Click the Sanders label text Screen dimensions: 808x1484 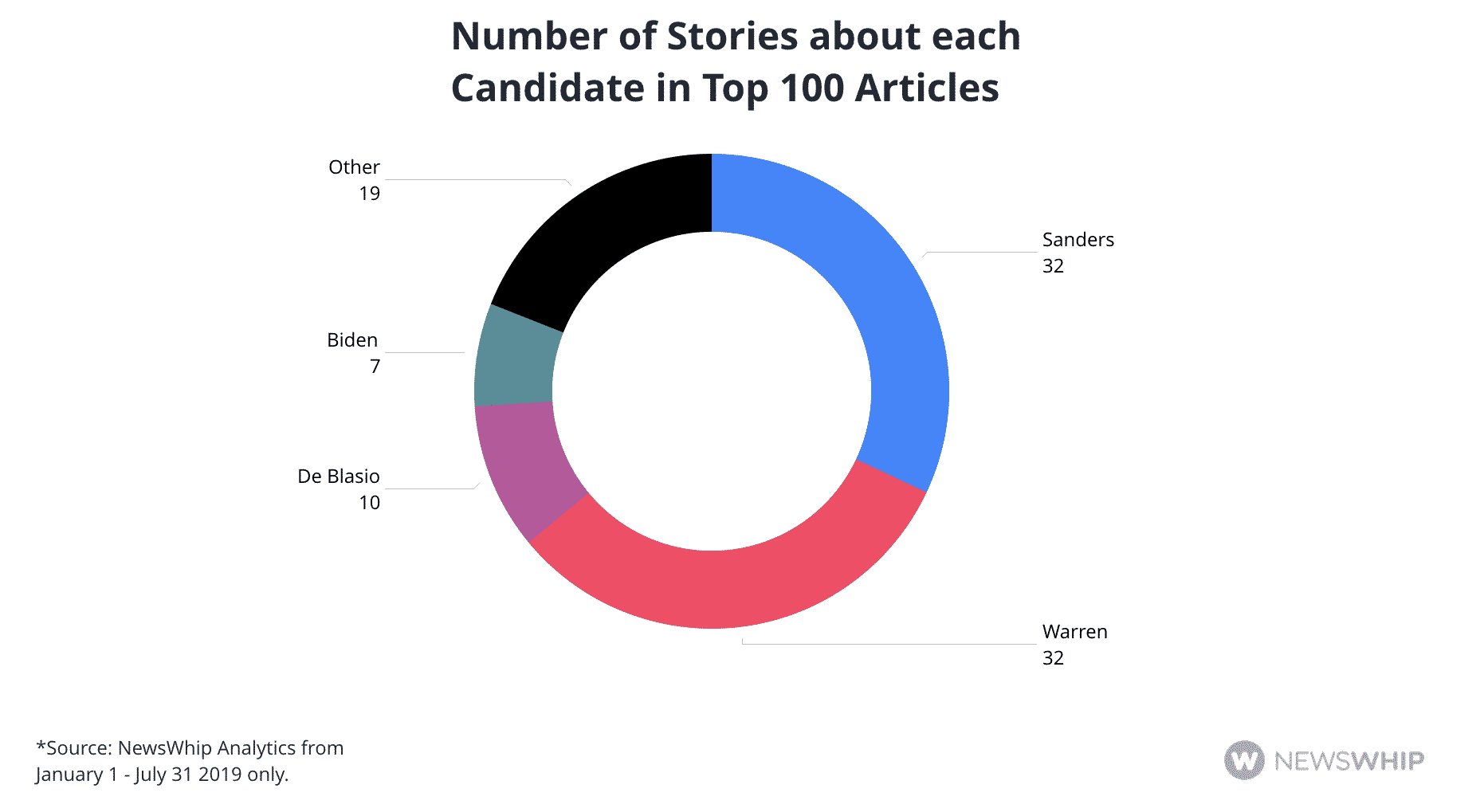pos(1078,240)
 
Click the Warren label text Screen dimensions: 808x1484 pos(1074,632)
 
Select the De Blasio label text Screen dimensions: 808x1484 pos(339,477)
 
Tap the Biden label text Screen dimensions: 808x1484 pos(352,340)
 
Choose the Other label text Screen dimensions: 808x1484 pos(354,167)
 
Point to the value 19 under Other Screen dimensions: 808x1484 pos(369,194)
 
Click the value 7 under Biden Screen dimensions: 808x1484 pos(375,367)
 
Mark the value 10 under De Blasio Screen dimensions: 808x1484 pos(369,503)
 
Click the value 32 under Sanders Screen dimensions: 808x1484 pos(1053,266)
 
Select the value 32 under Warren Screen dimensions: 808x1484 pos(1053,658)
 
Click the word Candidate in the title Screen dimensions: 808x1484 pos(548,88)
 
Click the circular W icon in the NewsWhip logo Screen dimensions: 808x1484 pos(1244,760)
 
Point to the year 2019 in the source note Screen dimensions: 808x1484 pos(220,775)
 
